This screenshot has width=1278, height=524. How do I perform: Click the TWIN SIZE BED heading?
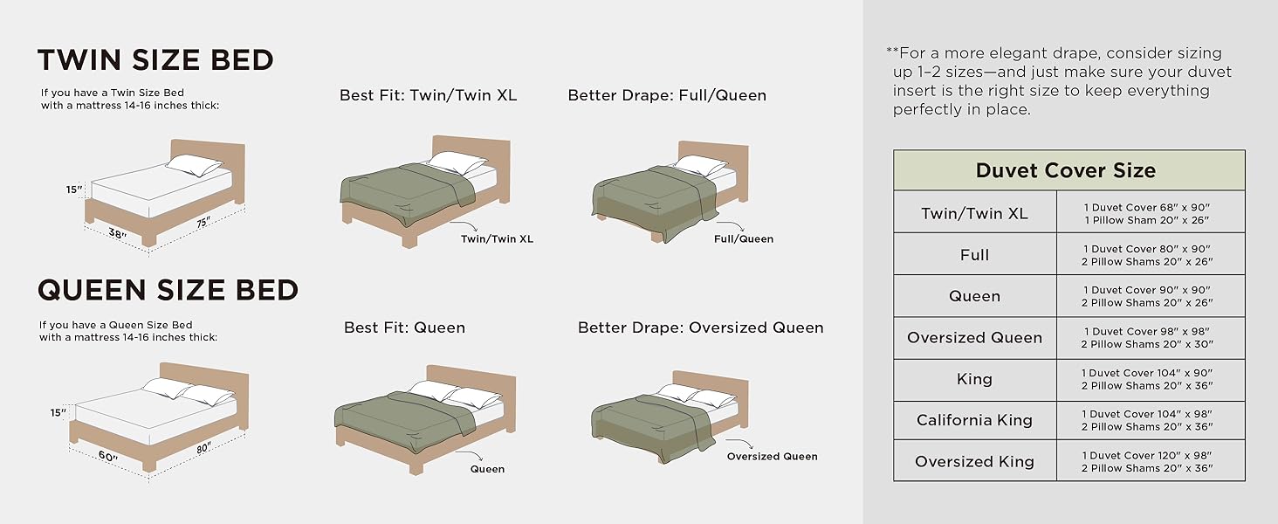point(155,60)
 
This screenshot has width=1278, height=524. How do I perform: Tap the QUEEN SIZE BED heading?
point(168,290)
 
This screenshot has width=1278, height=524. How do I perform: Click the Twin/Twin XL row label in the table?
point(974,213)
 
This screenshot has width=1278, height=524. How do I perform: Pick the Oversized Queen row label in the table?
point(974,338)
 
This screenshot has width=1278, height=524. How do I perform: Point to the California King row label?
point(974,420)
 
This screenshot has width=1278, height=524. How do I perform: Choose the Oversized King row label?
point(974,461)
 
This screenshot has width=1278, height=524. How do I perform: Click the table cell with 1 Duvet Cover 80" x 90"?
point(1147,249)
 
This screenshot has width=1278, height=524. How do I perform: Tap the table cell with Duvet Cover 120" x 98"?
point(1147,455)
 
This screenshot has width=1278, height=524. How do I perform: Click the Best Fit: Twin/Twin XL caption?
point(428,95)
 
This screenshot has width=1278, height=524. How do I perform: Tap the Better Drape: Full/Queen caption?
point(667,95)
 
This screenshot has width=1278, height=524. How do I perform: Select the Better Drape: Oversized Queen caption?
point(700,327)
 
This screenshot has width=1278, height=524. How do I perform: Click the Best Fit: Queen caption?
point(404,327)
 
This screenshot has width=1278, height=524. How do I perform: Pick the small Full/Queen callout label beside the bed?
point(743,238)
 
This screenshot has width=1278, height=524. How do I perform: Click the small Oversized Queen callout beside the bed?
point(772,456)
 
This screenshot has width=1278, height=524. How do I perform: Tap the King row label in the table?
point(974,379)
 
